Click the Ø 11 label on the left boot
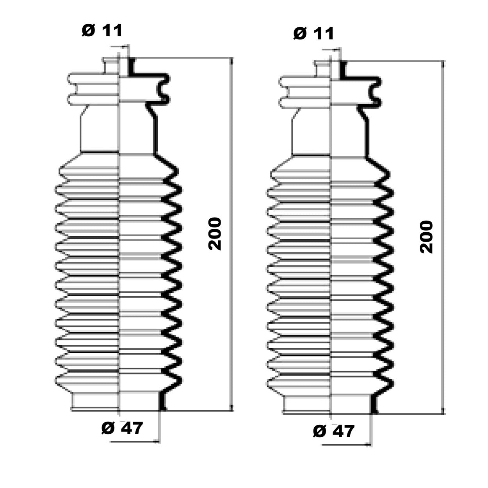102,30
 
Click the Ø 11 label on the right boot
314,34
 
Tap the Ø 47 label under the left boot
122,428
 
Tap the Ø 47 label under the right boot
334,431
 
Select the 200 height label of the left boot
215,234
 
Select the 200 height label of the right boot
427,237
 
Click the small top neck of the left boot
117,66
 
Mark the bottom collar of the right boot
329,405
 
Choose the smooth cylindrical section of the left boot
117,131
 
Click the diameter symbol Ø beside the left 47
108,428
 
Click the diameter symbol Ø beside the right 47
320,431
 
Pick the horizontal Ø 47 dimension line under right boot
347,444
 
